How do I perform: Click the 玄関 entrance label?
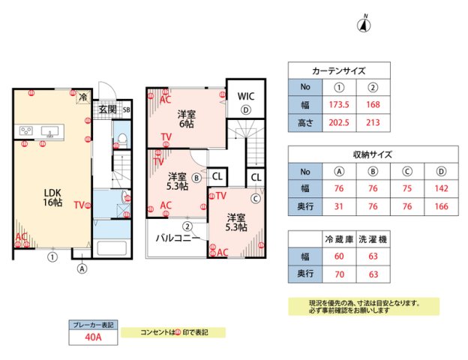(106, 109)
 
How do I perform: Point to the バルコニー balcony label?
(178, 238)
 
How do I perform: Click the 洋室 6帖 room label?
(187, 119)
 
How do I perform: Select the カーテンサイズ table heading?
(338, 70)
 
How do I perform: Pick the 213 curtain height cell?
(372, 121)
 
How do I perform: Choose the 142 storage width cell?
(441, 188)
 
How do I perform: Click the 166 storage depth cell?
(441, 205)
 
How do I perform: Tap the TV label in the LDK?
(79, 205)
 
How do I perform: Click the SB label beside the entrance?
(126, 110)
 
